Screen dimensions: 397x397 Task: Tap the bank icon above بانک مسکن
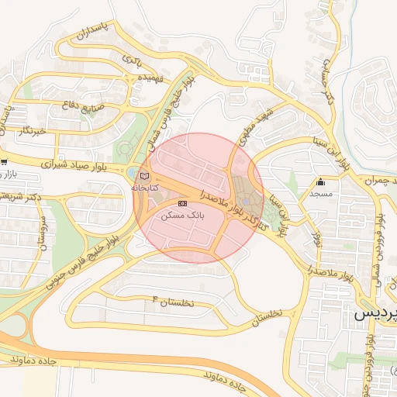click(x=182, y=203)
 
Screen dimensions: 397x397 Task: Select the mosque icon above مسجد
click(x=320, y=182)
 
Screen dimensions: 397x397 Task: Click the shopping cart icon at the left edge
click(x=4, y=162)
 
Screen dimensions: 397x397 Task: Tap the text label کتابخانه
click(x=145, y=188)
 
